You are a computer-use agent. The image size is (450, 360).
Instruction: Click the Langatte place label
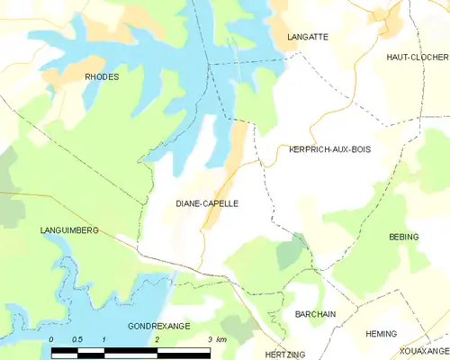(307, 37)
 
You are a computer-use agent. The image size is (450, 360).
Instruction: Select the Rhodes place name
(102, 77)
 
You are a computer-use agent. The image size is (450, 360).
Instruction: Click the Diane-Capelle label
(207, 204)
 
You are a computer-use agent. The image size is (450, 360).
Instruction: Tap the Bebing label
(403, 236)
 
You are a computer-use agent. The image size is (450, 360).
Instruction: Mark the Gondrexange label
(158, 326)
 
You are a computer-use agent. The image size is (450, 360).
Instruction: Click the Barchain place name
(315, 314)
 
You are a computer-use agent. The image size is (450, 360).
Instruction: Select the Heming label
(381, 334)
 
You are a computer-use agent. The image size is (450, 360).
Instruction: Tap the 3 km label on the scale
(216, 339)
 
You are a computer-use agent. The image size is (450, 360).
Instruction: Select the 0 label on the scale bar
(52, 339)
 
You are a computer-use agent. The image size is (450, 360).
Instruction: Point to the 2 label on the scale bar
(157, 339)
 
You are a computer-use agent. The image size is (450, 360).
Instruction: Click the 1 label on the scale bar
(104, 339)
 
